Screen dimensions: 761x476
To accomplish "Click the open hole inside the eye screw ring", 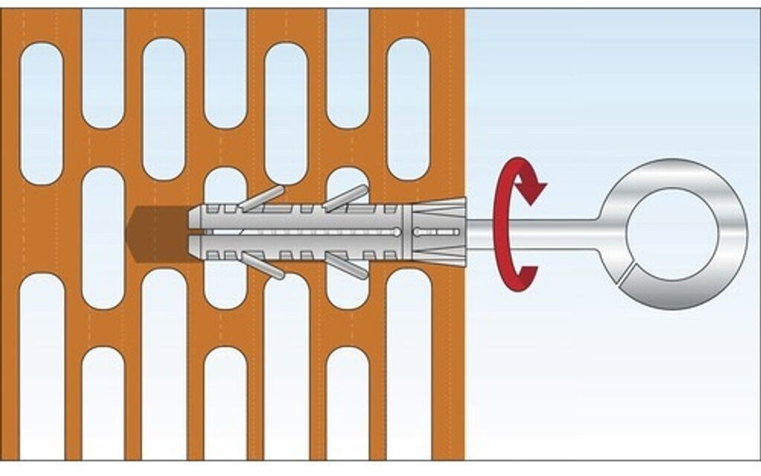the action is [x=673, y=234].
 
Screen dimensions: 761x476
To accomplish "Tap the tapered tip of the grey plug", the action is [x=195, y=233].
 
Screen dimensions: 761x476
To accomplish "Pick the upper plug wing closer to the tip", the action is [x=261, y=198].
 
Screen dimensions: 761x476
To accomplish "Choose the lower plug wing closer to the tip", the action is [x=262, y=266].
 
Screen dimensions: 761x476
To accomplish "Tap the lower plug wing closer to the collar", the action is [x=346, y=266].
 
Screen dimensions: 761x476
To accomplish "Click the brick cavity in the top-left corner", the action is [x=42, y=112].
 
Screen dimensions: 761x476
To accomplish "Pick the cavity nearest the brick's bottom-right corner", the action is [x=408, y=364].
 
